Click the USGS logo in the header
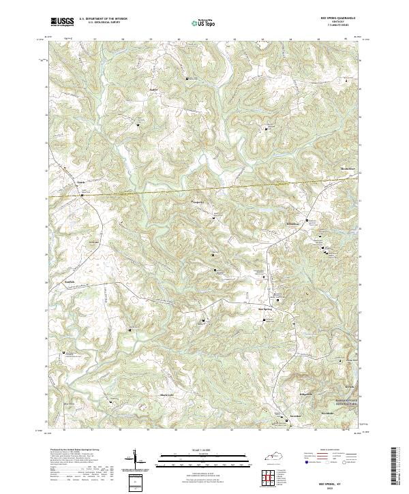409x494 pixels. click(62, 22)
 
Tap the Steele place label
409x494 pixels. click(80, 183)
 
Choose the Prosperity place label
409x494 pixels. click(197, 202)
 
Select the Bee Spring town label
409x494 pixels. click(265, 307)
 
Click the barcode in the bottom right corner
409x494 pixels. click(393, 466)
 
